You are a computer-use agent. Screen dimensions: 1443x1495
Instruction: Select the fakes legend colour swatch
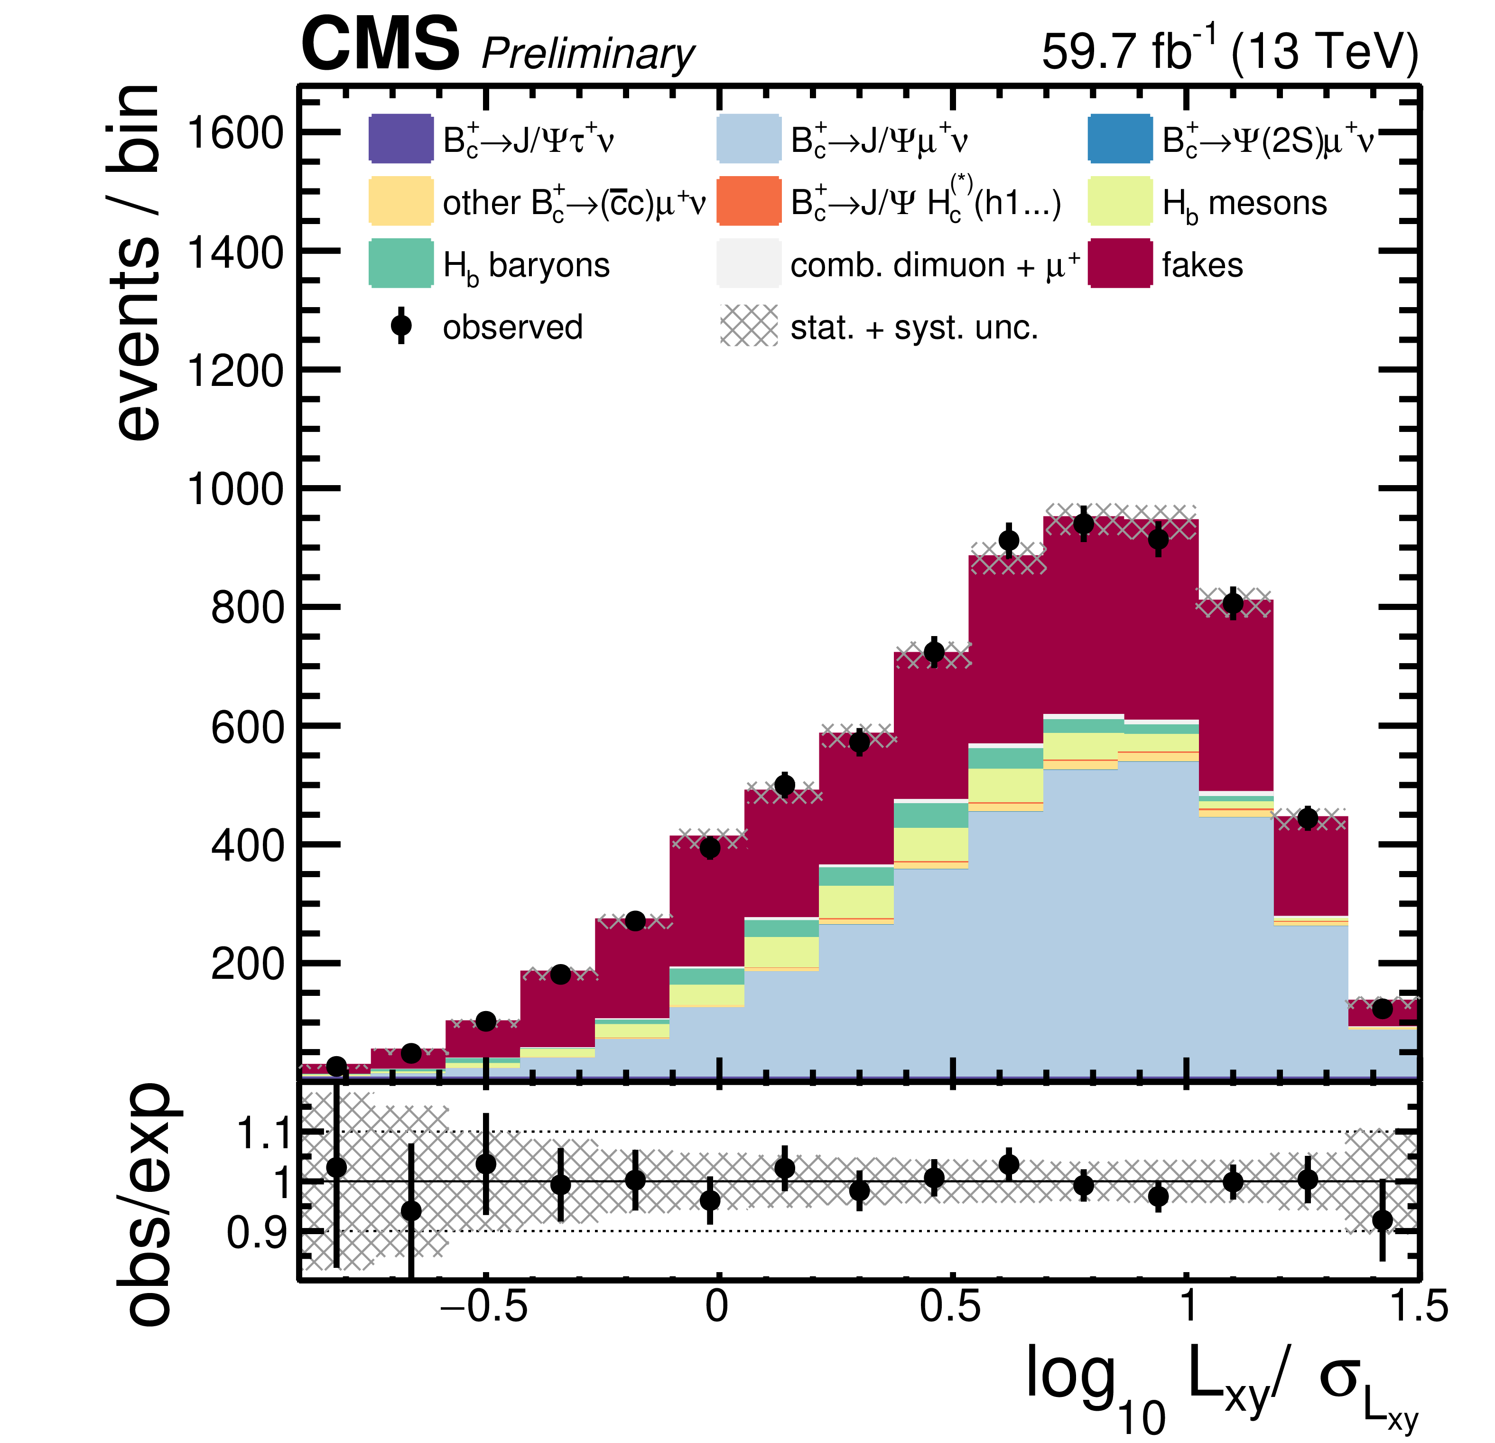(1120, 263)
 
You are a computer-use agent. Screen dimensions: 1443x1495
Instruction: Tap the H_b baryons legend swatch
(400, 263)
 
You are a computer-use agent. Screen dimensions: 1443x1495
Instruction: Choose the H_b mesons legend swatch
(1120, 201)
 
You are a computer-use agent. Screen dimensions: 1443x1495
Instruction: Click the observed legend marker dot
(400, 326)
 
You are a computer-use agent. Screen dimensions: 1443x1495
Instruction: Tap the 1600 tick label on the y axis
(235, 133)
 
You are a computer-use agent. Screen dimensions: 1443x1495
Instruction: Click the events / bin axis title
(136, 263)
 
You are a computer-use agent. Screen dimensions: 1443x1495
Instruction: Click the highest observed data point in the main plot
(1083, 524)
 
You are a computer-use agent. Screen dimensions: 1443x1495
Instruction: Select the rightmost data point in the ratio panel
(1382, 1220)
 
